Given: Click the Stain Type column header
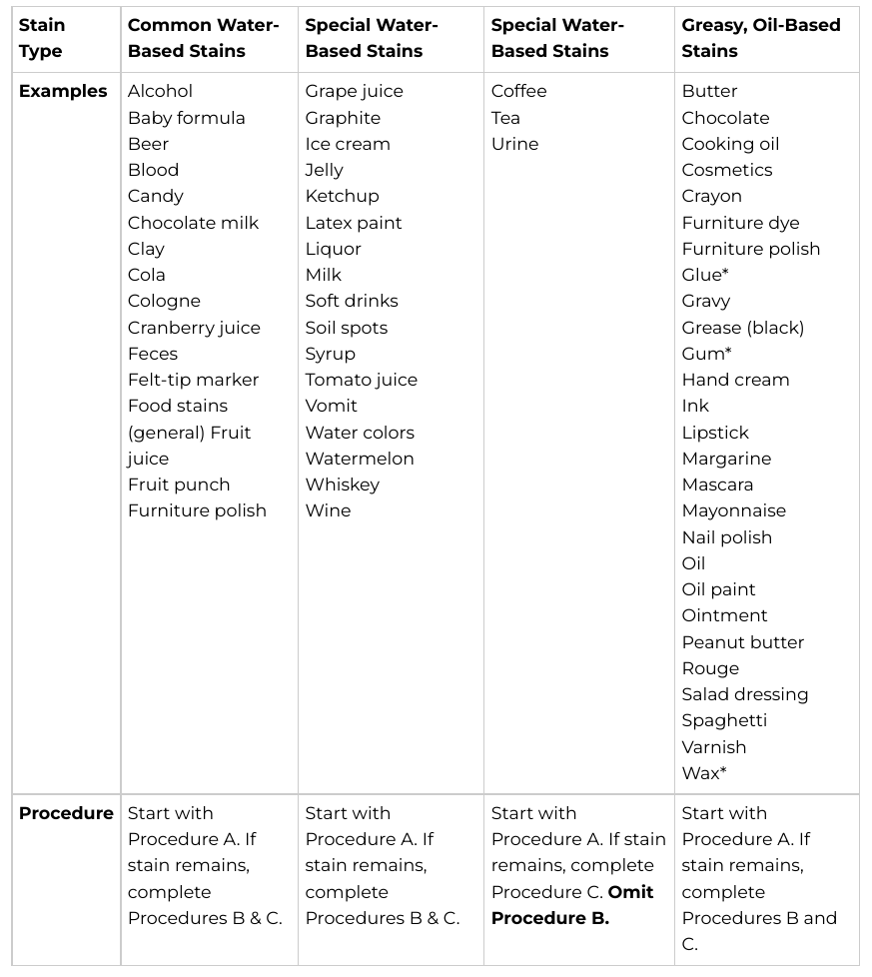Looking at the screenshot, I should (x=42, y=38).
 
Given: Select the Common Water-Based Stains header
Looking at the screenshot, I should (x=204, y=38).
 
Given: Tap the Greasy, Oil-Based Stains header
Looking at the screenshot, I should (x=761, y=38).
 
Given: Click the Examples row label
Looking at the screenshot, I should (x=63, y=91).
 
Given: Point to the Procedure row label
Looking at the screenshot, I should (x=66, y=813).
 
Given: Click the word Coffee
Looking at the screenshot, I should (x=519, y=91).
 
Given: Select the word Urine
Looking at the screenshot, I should (x=514, y=144).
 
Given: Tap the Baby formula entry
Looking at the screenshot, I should (x=187, y=118).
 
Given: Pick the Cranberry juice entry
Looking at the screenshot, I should (x=194, y=328).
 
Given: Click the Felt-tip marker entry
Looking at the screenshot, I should (x=193, y=380).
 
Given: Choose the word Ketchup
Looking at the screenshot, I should (x=342, y=196).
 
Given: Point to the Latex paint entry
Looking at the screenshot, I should (x=354, y=223).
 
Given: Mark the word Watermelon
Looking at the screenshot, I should (x=360, y=459).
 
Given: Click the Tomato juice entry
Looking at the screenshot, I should (x=362, y=380).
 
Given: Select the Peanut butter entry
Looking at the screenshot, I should (x=743, y=642).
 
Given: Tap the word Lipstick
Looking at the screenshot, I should (x=715, y=433).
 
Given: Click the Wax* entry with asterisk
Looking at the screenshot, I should (x=704, y=773).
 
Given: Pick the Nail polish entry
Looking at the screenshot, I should (x=727, y=537).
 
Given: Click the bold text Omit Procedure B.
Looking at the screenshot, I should (x=572, y=905).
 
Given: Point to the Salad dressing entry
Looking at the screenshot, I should (x=745, y=694).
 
